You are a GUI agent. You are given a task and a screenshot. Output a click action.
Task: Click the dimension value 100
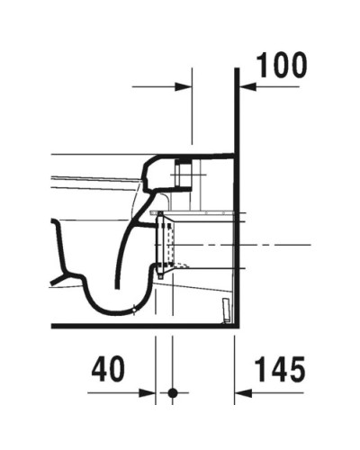[x=282, y=65]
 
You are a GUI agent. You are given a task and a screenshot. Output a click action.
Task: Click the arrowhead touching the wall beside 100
[x=244, y=86]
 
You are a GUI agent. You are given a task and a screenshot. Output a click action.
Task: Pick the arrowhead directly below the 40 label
[x=151, y=392]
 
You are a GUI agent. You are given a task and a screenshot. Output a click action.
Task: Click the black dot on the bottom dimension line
[x=174, y=392]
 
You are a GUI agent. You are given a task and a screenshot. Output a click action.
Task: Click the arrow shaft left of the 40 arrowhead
[x=117, y=392]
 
